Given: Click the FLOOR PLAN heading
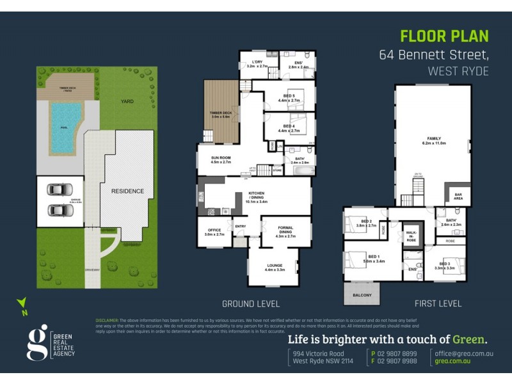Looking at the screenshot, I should tap(444, 36).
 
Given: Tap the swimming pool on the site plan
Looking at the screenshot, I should tap(66, 128).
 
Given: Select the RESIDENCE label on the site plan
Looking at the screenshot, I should tap(128, 191).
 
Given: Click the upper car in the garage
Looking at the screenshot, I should tap(60, 190).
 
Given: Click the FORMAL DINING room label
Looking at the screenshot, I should tap(285, 234).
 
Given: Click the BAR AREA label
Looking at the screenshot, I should tap(458, 196).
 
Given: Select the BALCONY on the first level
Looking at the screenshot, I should tap(362, 295).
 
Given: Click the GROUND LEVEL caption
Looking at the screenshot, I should tap(252, 303).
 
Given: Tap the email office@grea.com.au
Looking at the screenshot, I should tap(464, 353).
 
